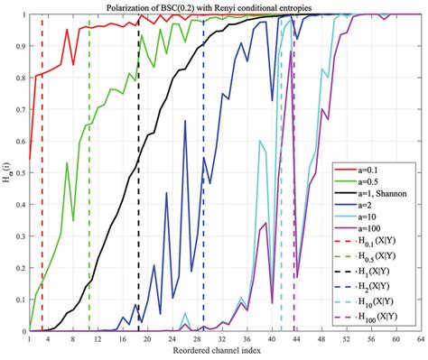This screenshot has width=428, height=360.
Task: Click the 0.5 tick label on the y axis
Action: click(x=19, y=173)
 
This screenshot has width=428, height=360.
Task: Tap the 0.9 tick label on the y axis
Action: click(x=19, y=46)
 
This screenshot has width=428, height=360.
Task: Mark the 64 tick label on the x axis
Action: click(x=418, y=340)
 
